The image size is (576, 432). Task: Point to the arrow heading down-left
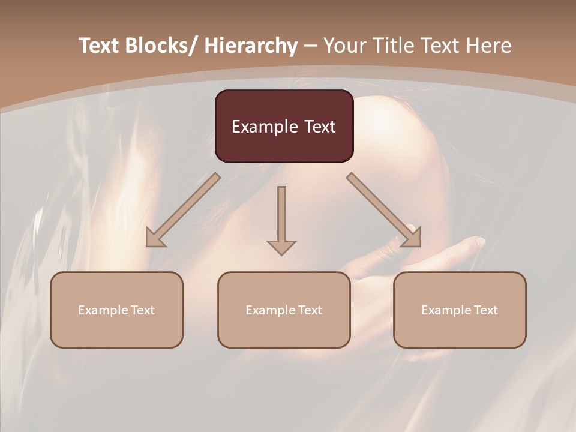tap(183, 210)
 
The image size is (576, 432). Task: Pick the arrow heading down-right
tap(384, 210)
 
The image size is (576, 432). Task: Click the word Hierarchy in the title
tap(251, 46)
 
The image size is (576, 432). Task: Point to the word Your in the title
tap(344, 46)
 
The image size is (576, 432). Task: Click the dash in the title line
tap(310, 46)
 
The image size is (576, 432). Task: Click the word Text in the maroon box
tap(319, 127)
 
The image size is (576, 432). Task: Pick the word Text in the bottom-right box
tap(485, 310)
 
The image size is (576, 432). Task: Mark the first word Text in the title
tap(99, 46)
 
